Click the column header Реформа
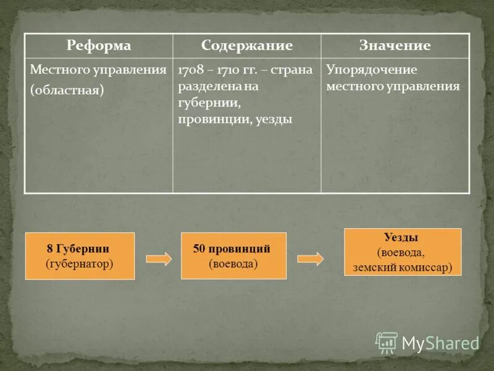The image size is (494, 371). pos(99,46)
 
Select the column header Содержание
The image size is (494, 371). pos(246,46)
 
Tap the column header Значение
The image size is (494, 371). pos(395,46)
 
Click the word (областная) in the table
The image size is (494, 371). pos(67,90)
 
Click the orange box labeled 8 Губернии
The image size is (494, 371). pos(80,256)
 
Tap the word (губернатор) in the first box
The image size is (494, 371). pos(80,263)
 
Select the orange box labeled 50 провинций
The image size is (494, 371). pos(233,255)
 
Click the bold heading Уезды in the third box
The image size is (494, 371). pos(401,237)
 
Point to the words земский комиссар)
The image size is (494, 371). pos(403,267)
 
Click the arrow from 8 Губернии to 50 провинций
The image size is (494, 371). pos(158,258)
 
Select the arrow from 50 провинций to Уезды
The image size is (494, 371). pos(310,258)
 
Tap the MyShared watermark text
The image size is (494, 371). pos(440,343)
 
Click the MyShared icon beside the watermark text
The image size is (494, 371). pos(387,343)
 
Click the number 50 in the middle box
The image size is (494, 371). pos(199,249)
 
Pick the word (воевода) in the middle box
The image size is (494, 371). pos(233,263)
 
